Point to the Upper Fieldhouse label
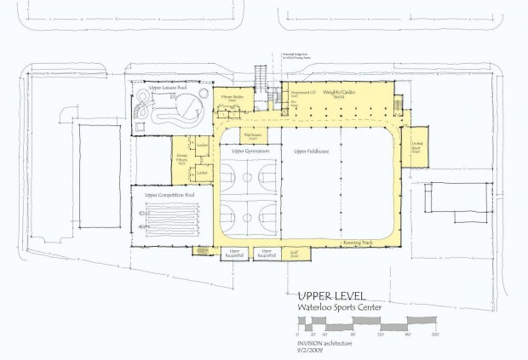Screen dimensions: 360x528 point(310,152)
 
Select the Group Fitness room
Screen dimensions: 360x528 point(182,160)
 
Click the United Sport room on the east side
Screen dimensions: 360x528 point(417,146)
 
